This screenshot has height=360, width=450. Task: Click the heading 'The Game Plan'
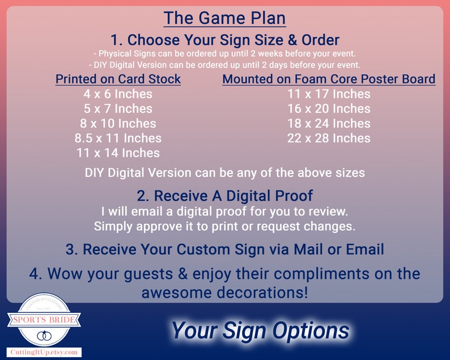coord(224,18)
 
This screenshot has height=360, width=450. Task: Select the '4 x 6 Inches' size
coord(118,94)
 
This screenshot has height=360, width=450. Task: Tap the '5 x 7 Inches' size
coord(118,109)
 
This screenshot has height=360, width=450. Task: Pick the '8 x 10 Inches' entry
coord(118,124)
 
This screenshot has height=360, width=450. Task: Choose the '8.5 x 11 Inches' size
coord(118,138)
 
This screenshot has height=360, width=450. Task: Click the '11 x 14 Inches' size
coord(118,153)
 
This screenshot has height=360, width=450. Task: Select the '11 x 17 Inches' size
coord(329,94)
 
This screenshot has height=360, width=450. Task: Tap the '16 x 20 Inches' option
coord(329,109)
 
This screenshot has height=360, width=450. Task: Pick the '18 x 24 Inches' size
coord(329,124)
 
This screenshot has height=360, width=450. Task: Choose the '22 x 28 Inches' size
coord(329,138)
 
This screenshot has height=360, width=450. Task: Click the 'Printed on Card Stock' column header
coord(118,79)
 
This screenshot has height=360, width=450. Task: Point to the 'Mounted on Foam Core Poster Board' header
coord(329,79)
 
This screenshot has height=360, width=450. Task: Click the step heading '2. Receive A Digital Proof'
coord(224,196)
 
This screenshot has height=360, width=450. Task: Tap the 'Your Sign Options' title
coord(260,330)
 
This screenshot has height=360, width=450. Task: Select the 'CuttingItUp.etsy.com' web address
coord(44,353)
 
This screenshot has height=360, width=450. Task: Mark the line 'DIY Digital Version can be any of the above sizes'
coord(224,173)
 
